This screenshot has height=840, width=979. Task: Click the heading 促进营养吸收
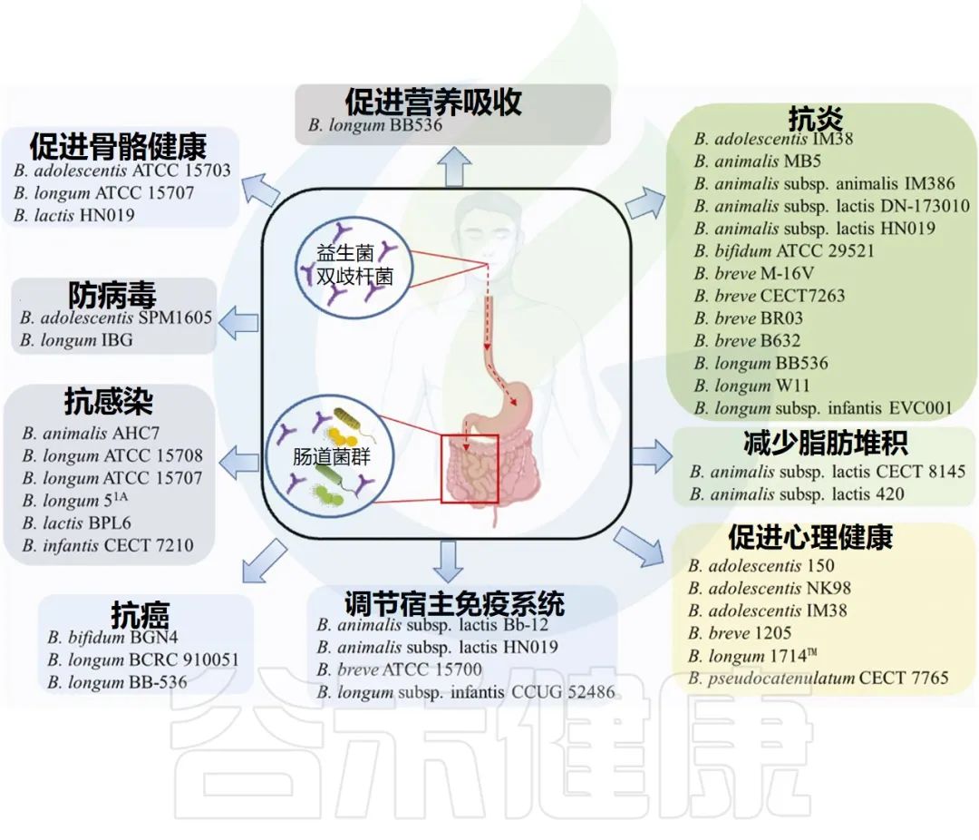[x=433, y=102]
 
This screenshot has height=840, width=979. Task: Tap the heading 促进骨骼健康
[x=118, y=145]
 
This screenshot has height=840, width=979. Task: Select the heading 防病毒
[x=112, y=295]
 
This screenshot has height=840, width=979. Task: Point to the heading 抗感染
[x=108, y=401]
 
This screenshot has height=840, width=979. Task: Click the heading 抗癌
[x=141, y=615]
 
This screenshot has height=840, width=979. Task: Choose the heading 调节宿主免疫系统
[x=455, y=603]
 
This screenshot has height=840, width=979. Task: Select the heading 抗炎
[x=816, y=119]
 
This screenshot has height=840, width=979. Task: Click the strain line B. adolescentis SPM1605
[x=116, y=318]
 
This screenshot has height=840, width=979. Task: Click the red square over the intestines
[x=470, y=468]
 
